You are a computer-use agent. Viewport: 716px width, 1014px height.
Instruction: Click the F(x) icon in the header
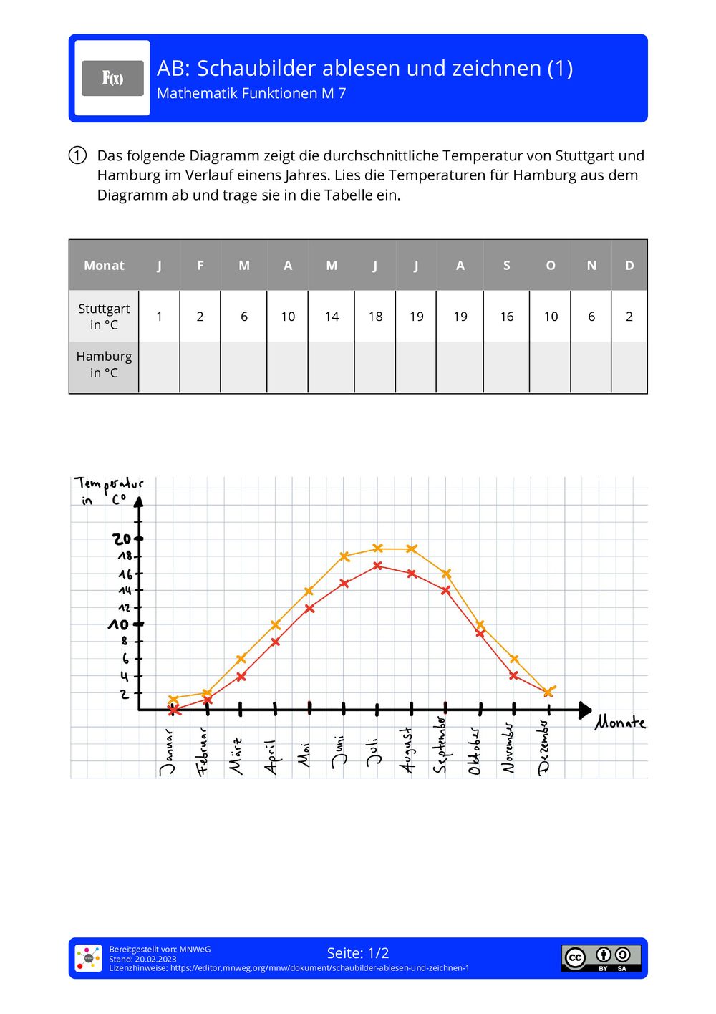(112, 78)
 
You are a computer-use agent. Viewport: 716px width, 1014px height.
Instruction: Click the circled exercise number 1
(77, 155)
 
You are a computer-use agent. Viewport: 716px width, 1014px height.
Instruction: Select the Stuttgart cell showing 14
(332, 317)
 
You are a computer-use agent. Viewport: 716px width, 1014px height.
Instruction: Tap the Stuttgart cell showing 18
(375, 317)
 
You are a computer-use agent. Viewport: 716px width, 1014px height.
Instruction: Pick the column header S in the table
(506, 266)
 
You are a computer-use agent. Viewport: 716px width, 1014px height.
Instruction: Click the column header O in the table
(551, 266)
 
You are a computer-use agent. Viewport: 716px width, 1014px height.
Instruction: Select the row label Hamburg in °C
(104, 364)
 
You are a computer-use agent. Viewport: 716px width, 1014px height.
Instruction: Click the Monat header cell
(104, 266)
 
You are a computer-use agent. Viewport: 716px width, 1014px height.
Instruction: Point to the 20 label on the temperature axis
(122, 539)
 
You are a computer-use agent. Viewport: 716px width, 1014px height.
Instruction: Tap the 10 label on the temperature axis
(118, 625)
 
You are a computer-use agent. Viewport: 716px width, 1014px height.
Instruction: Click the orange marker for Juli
(378, 549)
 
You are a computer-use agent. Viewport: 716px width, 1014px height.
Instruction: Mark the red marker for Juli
(377, 566)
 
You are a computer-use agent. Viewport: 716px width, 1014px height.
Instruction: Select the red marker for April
(276, 642)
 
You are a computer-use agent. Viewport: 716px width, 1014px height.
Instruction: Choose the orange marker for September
(446, 574)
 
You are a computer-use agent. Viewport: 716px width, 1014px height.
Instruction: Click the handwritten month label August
(407, 750)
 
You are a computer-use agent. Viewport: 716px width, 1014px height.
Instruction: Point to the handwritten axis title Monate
(620, 723)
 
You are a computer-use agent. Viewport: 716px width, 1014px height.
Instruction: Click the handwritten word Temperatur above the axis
(109, 485)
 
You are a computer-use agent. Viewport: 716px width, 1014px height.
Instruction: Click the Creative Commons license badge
(601, 957)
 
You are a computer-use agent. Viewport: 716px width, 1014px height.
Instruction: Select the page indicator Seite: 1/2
(358, 953)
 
